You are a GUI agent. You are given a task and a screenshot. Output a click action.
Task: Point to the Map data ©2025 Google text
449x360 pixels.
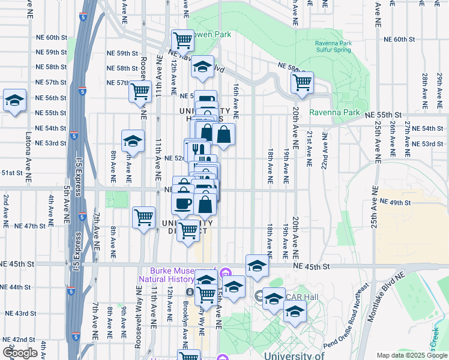coord(412,355)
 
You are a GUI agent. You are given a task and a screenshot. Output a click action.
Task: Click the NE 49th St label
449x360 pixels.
coord(395,203)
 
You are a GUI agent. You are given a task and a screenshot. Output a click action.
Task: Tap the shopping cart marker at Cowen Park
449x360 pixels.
coord(182,40)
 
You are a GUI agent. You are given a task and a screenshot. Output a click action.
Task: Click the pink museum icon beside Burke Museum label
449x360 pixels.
coord(225,274)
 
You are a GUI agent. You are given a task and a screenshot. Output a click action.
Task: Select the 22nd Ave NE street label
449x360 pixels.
coord(325,151)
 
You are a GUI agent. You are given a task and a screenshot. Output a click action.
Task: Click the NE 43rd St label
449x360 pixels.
coord(21,313)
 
